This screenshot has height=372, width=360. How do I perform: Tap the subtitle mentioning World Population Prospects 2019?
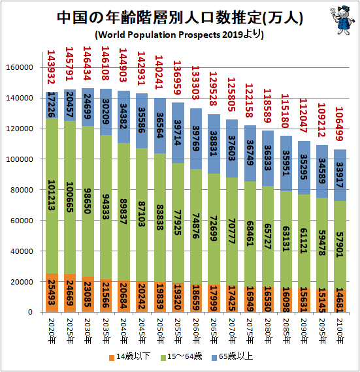179,35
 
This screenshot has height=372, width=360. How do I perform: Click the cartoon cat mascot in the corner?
342,20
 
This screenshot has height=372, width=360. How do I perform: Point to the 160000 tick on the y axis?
20,67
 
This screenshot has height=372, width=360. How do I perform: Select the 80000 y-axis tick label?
22,190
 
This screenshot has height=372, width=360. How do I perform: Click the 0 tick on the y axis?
30,312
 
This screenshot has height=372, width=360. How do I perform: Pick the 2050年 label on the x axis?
160,331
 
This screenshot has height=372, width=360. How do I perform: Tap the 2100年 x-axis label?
340,331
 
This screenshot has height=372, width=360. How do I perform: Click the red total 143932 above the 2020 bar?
51,67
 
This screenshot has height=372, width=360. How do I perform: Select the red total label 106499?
339,124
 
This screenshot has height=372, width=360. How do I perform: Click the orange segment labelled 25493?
52,293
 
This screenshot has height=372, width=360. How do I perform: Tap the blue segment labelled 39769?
196,139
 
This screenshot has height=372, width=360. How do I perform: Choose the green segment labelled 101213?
52,196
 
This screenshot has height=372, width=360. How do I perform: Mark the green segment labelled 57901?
340,245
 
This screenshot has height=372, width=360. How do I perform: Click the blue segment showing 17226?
52,105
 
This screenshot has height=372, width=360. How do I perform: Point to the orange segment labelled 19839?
160,297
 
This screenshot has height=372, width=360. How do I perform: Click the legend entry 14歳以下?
129,356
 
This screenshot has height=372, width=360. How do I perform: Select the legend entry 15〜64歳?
182,356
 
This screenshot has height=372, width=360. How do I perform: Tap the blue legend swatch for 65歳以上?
214,358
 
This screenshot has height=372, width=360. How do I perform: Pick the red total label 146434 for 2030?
87,63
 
